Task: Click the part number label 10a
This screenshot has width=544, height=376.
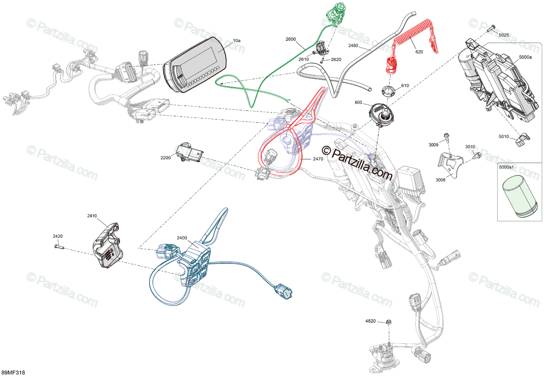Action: coord(237,41)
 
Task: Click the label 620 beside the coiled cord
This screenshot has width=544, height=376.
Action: coord(419,52)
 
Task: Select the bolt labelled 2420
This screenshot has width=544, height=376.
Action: coord(59,247)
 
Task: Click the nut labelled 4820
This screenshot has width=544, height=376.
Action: coord(389,322)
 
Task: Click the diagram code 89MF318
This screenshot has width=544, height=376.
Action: coord(13,372)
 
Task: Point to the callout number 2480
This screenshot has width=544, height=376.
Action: coord(354,46)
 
